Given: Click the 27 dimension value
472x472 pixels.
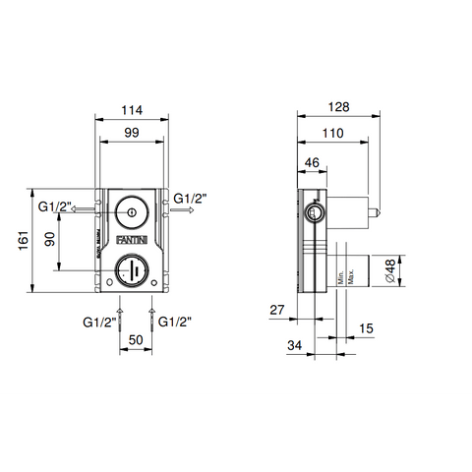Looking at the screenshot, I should tap(278, 309).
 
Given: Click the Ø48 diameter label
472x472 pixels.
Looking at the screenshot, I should tap(391, 266).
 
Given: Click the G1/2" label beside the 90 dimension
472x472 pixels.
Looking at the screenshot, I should tap(55, 206).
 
